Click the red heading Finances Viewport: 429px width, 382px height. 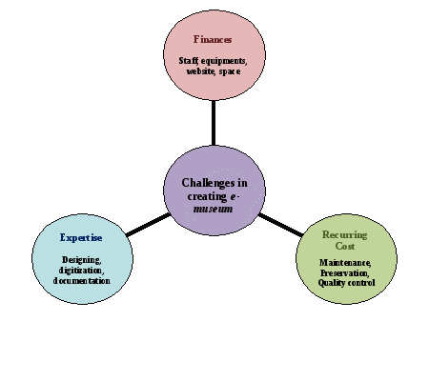pyautogui.click(x=213, y=39)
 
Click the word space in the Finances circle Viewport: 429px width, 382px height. pyautogui.click(x=230, y=71)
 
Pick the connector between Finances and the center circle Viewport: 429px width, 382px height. pyautogui.click(x=214, y=123)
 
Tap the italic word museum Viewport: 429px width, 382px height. pyautogui.click(x=214, y=209)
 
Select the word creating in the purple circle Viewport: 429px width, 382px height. pyautogui.click(x=207, y=196)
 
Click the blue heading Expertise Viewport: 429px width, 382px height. pyautogui.click(x=81, y=237)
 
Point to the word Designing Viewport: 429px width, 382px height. pyautogui.click(x=82, y=260)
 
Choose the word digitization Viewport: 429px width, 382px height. pyautogui.click(x=81, y=271)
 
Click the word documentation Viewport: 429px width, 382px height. pyautogui.click(x=82, y=281)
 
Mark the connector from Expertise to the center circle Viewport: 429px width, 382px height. pyautogui.click(x=148, y=225)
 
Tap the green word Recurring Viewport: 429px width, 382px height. pyautogui.click(x=345, y=234)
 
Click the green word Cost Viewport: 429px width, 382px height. pyautogui.click(x=345, y=246)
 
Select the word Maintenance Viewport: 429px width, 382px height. pyautogui.click(x=345, y=263)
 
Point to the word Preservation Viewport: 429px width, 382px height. pyautogui.click(x=345, y=272)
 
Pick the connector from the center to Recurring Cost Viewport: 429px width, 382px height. pyautogui.click(x=280, y=225)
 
